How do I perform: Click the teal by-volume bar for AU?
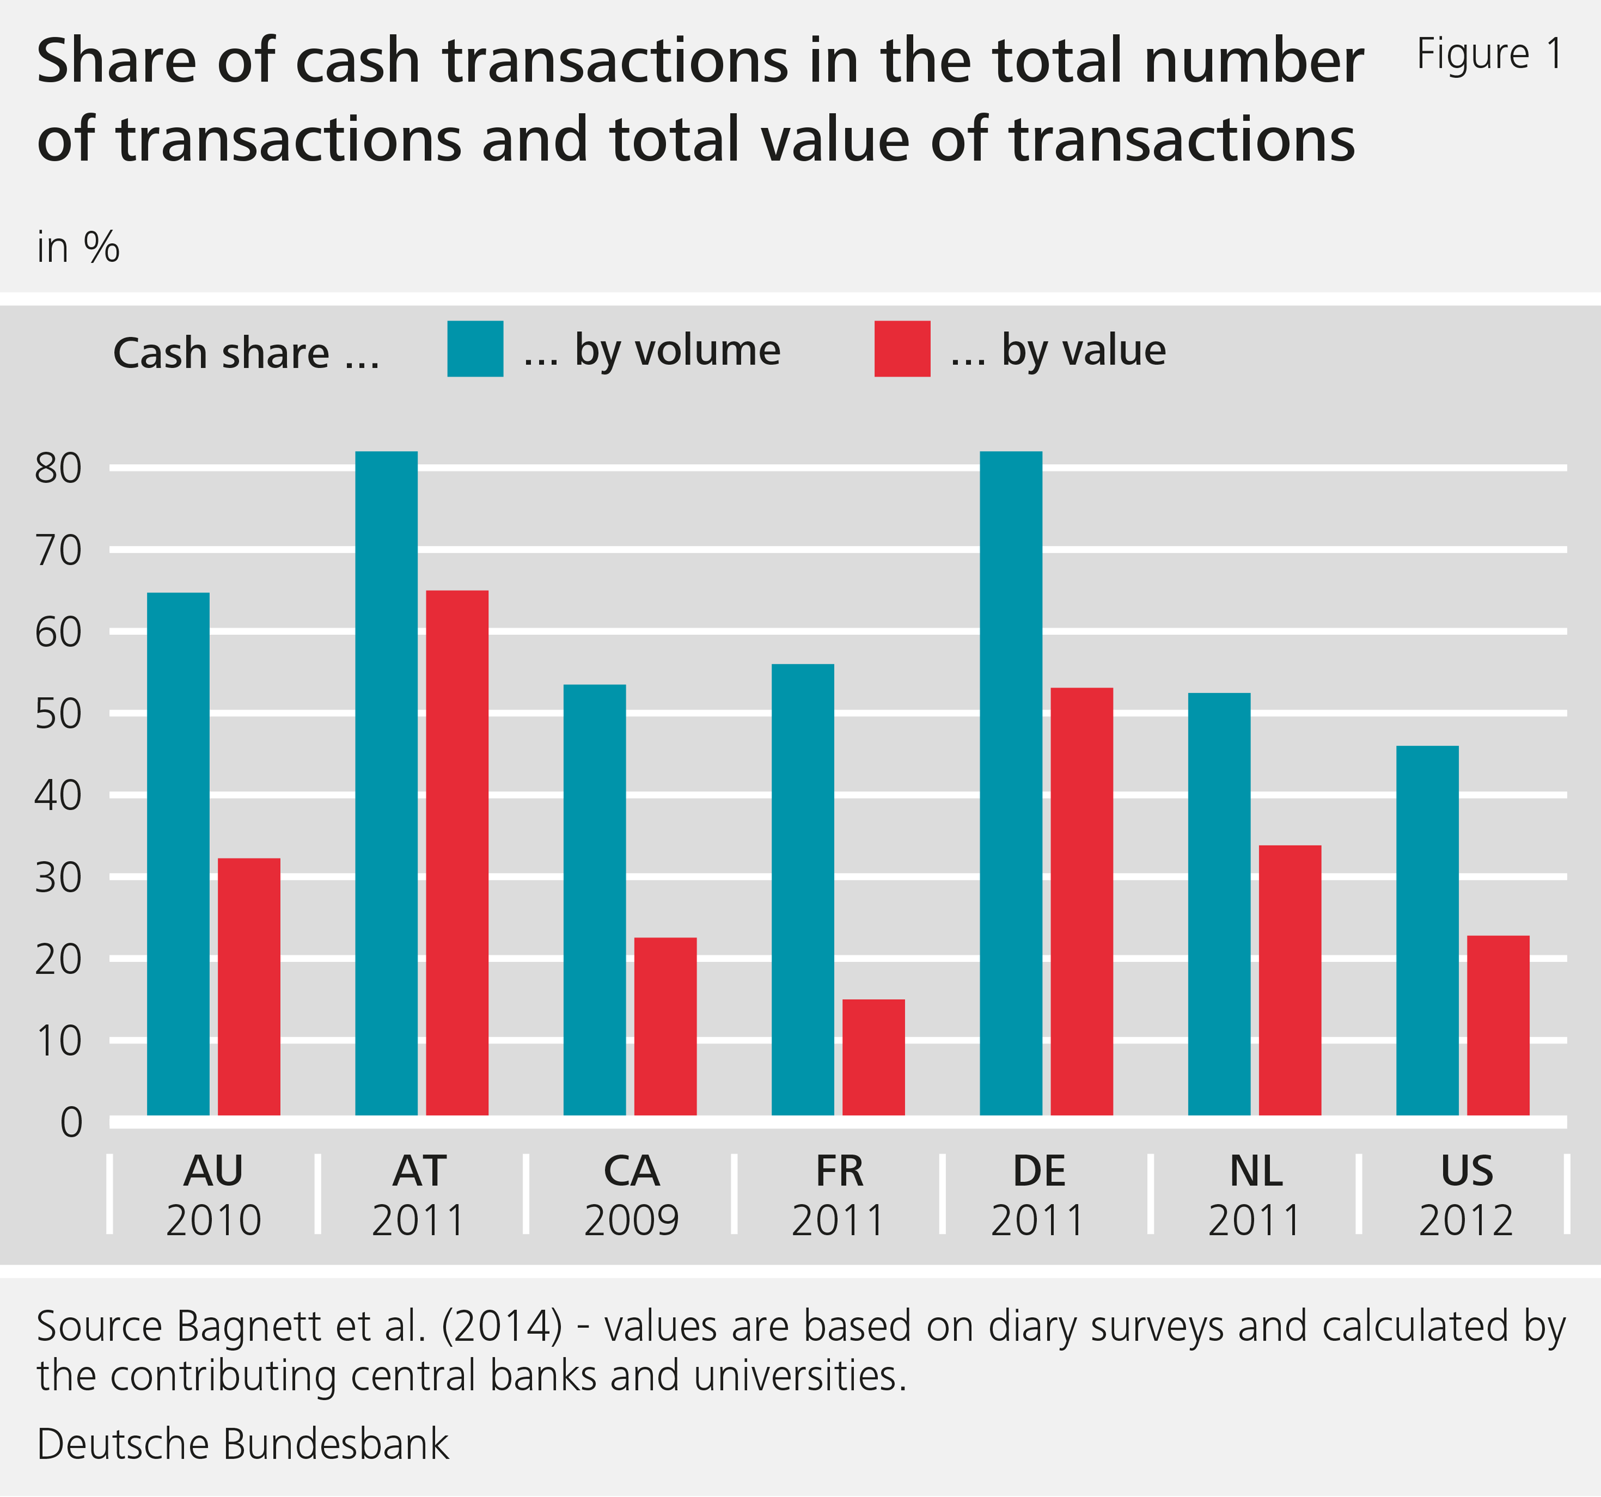[x=178, y=854]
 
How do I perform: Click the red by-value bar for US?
[x=1498, y=1025]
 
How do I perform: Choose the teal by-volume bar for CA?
[x=595, y=899]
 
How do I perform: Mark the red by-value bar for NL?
[x=1289, y=980]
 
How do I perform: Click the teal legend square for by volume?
[x=475, y=349]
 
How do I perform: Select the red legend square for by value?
[x=902, y=349]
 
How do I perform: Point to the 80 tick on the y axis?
[x=58, y=468]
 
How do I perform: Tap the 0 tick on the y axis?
[x=71, y=1122]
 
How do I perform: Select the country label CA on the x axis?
[x=631, y=1171]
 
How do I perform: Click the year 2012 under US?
[x=1465, y=1221]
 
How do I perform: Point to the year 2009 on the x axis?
[x=631, y=1221]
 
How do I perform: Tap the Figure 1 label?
[x=1489, y=55]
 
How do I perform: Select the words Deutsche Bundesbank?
[x=242, y=1444]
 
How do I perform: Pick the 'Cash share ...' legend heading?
[x=245, y=353]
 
